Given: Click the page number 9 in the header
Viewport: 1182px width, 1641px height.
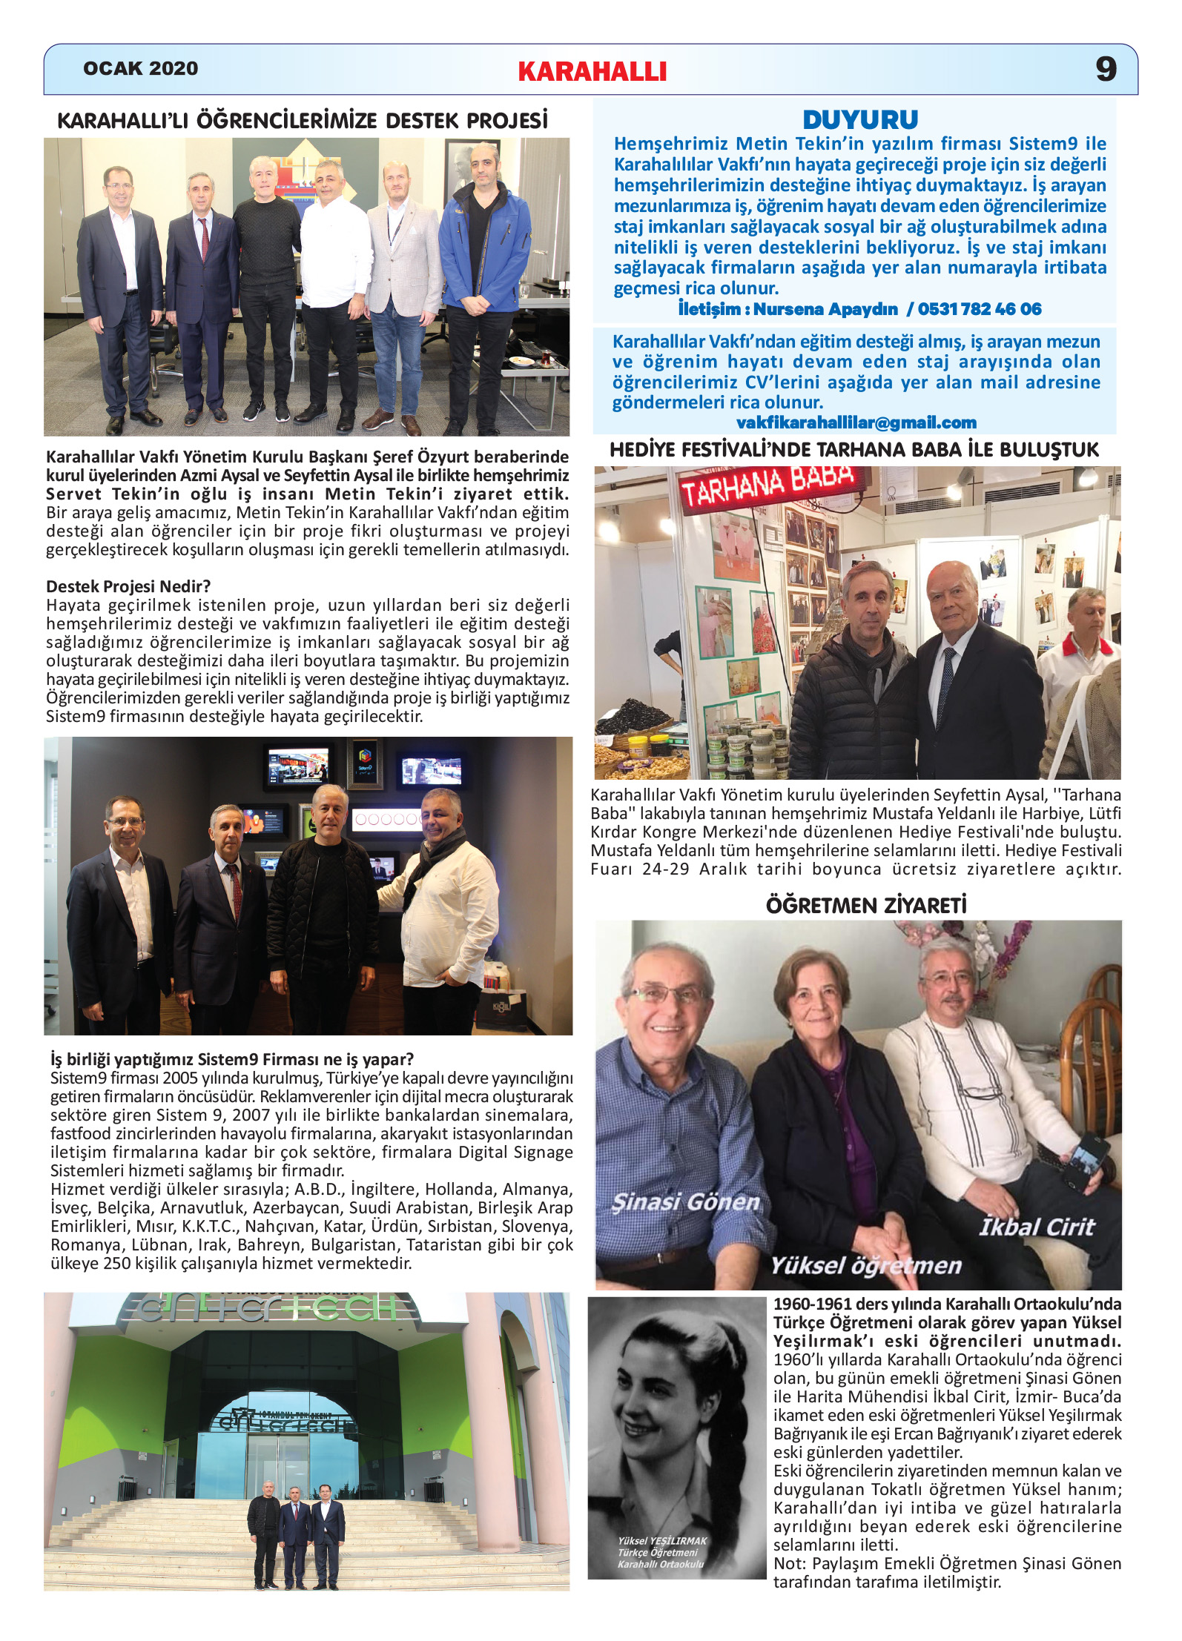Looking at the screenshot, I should tap(1106, 69).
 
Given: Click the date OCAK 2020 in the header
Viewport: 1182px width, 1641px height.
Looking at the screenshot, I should tap(140, 69).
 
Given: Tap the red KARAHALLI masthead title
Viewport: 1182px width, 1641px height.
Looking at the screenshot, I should tap(592, 72).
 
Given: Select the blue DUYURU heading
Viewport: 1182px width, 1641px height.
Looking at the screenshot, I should tap(860, 120).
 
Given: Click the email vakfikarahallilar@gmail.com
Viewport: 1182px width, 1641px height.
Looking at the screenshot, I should tap(856, 423).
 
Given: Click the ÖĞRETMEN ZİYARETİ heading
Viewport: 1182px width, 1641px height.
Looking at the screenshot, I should tap(865, 906).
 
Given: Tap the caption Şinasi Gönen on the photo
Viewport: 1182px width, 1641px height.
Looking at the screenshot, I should tap(686, 1202).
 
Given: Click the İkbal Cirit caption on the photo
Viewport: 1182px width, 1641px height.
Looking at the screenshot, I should tap(1037, 1227).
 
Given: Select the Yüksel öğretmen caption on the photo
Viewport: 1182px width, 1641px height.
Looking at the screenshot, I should tap(865, 1266).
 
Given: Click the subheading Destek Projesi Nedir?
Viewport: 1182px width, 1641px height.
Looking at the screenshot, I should tap(128, 587).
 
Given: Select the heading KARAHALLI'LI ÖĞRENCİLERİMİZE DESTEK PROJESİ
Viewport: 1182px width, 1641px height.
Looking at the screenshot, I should tap(303, 121).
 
